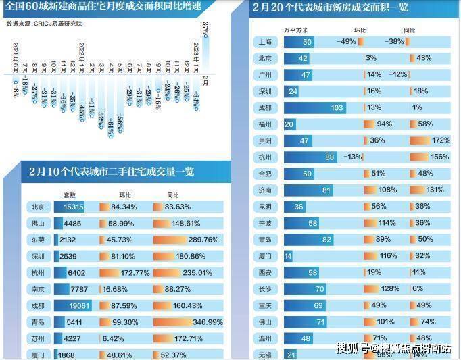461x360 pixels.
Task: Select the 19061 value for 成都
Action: tap(80, 305)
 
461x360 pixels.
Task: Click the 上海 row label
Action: tap(266, 42)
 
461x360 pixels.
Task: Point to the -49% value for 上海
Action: tap(345, 42)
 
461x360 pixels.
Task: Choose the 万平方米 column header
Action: tap(295, 30)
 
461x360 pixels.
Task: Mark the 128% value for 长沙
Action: tap(390, 288)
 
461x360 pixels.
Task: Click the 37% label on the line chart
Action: tap(205, 30)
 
